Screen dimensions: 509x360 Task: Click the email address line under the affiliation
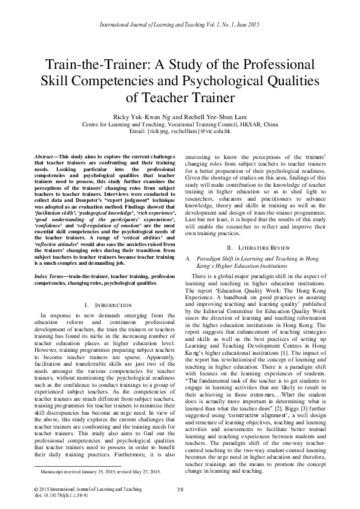180,131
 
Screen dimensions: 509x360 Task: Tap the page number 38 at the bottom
180,488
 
